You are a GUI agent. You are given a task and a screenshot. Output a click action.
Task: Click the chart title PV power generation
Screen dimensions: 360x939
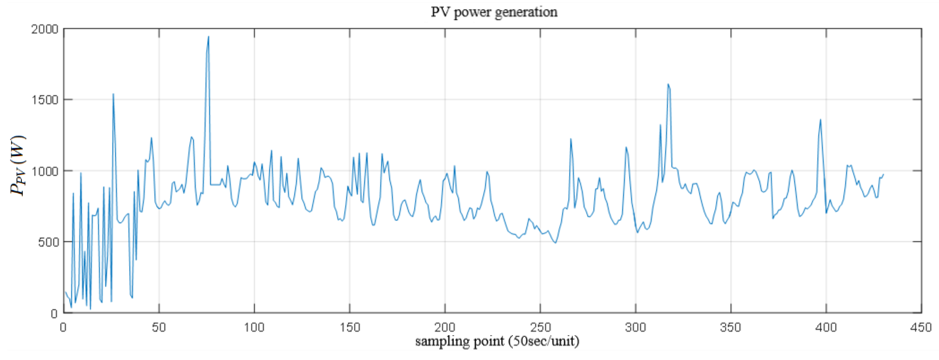click(494, 12)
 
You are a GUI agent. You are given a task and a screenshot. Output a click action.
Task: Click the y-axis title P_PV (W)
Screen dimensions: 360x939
click(17, 166)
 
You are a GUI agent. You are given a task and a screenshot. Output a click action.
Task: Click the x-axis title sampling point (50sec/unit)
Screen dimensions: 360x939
click(497, 341)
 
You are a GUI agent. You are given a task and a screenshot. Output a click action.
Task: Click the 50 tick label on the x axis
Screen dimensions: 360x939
click(159, 327)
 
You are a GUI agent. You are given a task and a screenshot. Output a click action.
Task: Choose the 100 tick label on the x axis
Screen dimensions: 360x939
click(254, 327)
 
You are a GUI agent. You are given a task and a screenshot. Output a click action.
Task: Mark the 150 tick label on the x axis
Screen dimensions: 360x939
click(349, 327)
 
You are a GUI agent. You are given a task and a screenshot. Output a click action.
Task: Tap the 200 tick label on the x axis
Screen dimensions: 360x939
click(445, 327)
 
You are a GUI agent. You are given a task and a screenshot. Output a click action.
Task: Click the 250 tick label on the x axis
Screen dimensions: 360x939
click(540, 327)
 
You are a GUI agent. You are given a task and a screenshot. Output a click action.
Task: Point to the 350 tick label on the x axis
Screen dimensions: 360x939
click(731, 327)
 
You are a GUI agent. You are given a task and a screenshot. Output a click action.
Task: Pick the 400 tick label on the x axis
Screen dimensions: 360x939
click(826, 327)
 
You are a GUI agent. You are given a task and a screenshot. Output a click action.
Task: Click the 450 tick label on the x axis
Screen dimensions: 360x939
click(921, 327)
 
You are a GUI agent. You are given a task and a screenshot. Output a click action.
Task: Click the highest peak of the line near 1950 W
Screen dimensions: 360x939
click(208, 36)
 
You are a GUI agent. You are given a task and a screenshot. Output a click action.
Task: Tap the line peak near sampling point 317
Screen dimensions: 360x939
click(668, 84)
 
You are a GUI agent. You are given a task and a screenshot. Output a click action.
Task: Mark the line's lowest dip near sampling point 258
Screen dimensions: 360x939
click(555, 243)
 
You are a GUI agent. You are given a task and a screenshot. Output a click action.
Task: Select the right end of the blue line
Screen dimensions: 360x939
click(883, 174)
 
